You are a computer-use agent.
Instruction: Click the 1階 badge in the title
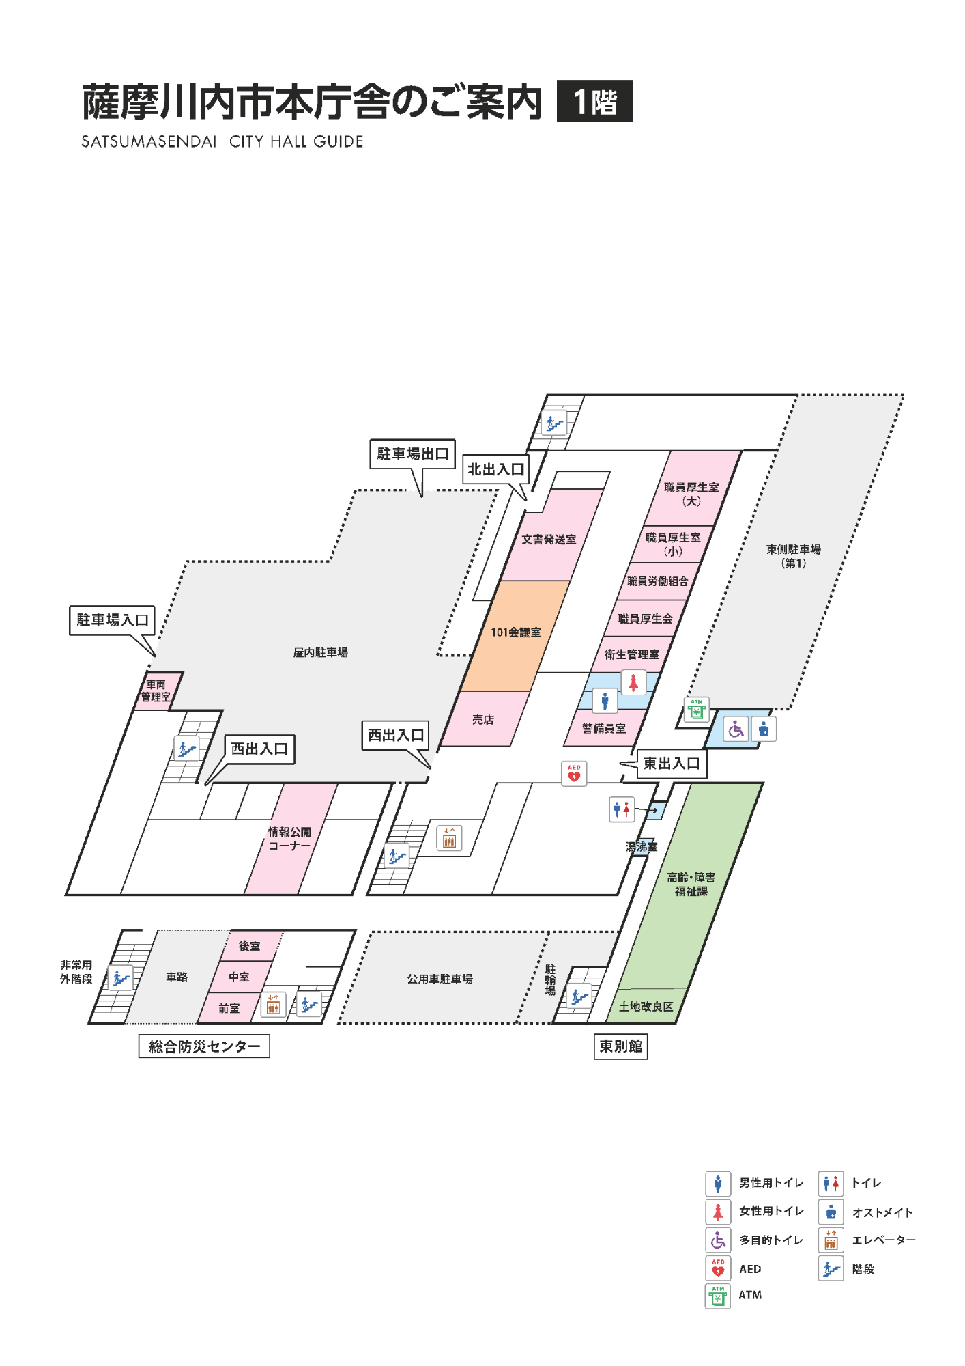594,101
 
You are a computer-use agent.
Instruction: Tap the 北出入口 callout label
495,469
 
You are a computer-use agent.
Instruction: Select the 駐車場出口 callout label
412,454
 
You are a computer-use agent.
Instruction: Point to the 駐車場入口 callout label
112,620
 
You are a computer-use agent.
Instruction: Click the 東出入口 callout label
672,764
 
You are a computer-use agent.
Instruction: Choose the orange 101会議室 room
515,635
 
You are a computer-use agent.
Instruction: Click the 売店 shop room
485,719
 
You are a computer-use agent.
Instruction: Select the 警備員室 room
604,728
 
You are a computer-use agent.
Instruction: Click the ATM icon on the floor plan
697,709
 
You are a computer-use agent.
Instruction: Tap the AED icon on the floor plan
574,773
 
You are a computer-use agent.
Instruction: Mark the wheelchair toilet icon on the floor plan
736,729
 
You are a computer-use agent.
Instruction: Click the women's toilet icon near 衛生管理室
633,682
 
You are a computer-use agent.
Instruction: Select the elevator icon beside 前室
273,1004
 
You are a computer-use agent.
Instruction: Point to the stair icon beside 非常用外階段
120,978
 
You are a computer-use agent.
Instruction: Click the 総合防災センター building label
204,1046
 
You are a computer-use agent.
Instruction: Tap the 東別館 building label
620,1046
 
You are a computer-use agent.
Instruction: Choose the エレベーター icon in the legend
831,1240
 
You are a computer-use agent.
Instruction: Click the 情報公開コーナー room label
289,839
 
